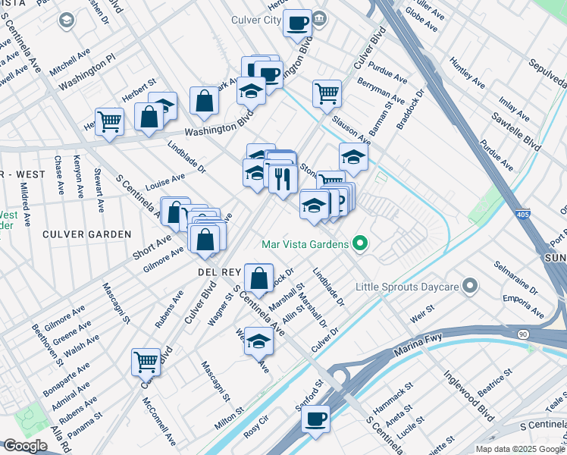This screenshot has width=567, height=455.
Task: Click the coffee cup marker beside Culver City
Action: [298, 22]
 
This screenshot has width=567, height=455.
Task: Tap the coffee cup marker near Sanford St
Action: [315, 417]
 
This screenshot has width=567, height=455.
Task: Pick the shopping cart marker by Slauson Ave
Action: [327, 93]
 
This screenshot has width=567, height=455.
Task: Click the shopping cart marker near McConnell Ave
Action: [146, 361]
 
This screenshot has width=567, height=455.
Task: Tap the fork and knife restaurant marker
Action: [282, 179]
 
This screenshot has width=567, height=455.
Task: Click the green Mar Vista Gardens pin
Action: [360, 243]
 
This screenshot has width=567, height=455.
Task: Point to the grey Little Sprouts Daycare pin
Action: [470, 286]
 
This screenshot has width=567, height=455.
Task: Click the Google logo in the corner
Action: [25, 446]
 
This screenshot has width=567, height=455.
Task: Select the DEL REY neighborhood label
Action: [220, 271]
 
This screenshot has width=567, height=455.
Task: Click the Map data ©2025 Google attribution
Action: [519, 448]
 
